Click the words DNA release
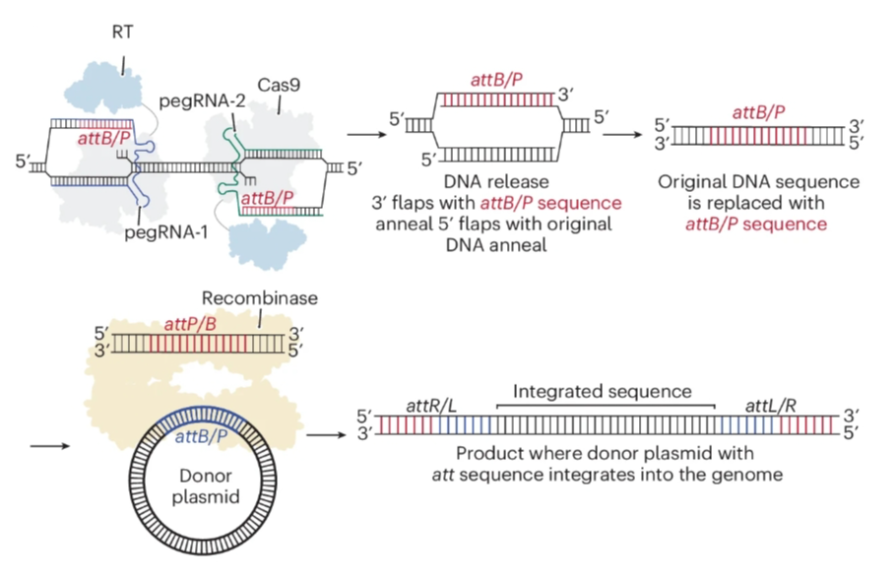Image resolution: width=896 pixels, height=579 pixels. point(498,183)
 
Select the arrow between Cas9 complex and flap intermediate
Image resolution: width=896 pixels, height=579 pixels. point(363,135)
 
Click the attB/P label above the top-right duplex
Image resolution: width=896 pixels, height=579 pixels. point(757,112)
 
